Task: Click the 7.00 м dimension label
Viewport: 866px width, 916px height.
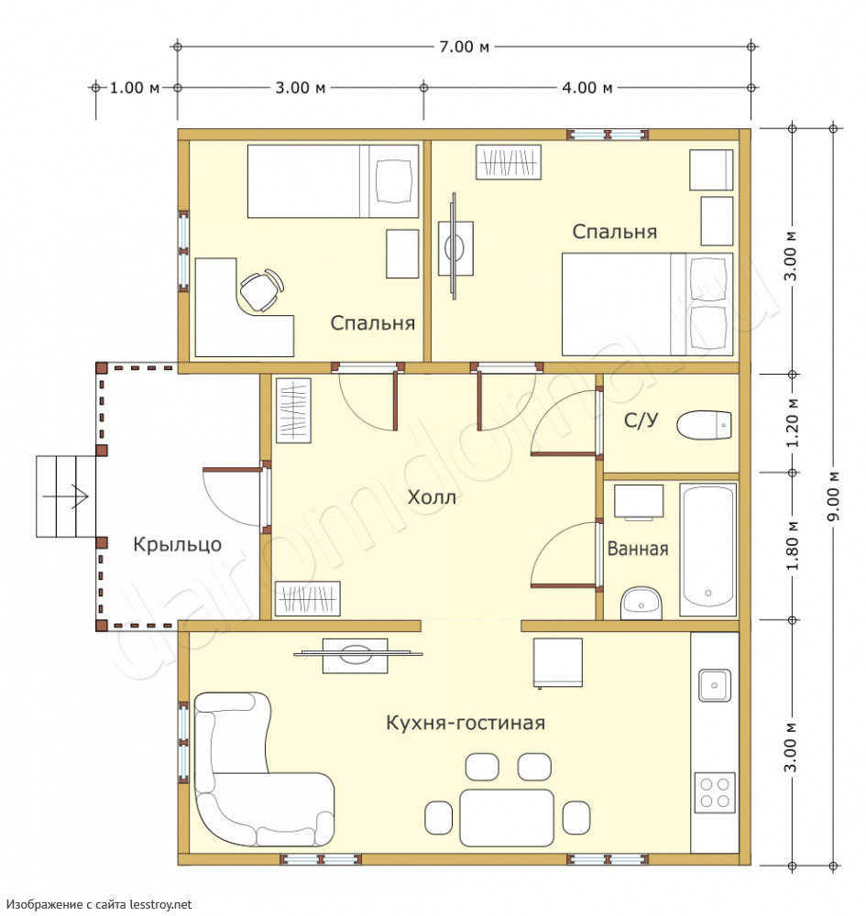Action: (464, 46)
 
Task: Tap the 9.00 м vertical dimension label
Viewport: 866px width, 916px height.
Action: (834, 496)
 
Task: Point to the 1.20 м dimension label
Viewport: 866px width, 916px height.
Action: (792, 422)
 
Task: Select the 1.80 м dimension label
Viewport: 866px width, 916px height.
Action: (792, 546)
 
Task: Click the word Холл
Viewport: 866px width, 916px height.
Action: (432, 497)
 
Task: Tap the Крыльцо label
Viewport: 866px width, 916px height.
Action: (177, 544)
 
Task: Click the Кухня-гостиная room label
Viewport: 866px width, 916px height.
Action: (466, 723)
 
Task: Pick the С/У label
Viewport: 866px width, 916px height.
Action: (641, 420)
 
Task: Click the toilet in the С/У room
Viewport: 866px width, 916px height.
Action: (704, 425)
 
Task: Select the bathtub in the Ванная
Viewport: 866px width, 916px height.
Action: (707, 549)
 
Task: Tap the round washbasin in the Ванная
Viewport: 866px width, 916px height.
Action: (641, 603)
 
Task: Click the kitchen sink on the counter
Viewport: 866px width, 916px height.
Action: (714, 685)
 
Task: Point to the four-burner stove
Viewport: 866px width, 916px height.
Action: (715, 792)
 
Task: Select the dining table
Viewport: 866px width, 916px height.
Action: (507, 817)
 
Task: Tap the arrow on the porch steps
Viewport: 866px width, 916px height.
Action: (66, 496)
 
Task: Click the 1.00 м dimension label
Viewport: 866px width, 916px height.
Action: (135, 88)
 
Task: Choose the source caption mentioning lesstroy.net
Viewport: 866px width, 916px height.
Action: (99, 904)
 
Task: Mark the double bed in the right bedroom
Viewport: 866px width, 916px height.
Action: (648, 304)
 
